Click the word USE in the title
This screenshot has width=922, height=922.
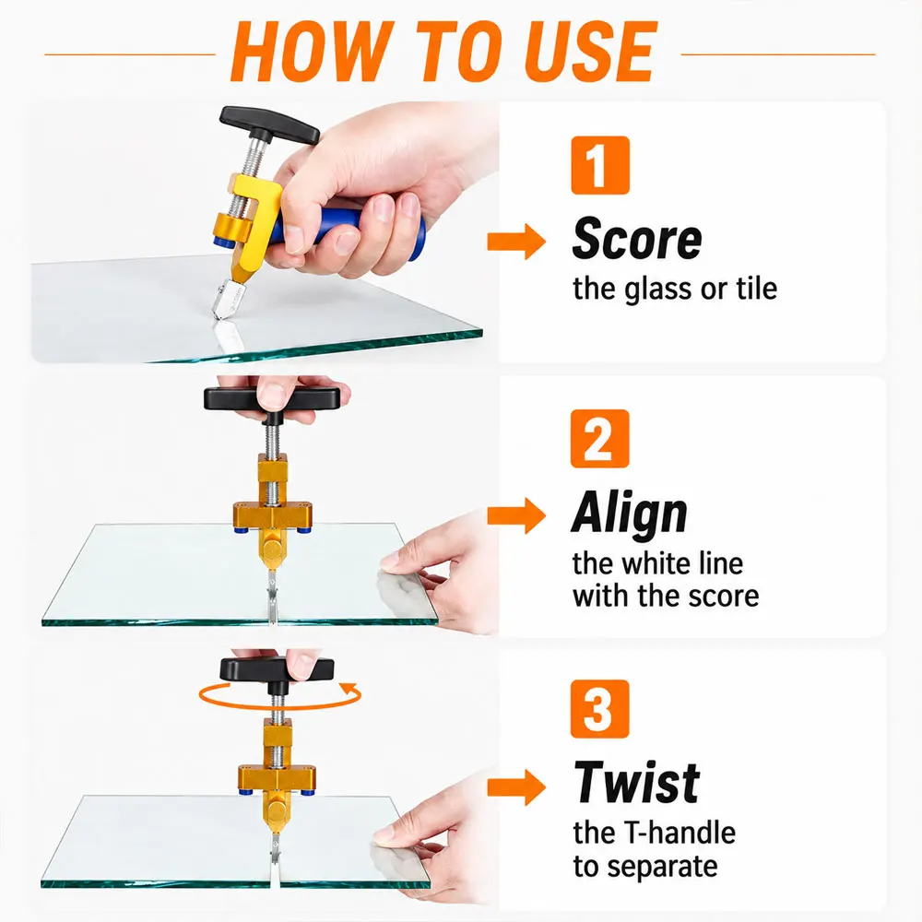[x=590, y=51]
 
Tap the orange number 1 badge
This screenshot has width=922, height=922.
[x=600, y=165]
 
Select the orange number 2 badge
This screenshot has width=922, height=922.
[x=600, y=439]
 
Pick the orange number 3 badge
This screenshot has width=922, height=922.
[x=600, y=709]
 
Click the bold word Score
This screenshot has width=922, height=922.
[x=637, y=239]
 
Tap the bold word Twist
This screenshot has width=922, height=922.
[x=637, y=782]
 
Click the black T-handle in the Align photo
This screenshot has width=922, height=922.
[x=272, y=400]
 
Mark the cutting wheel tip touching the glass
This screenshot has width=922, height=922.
[x=216, y=317]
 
